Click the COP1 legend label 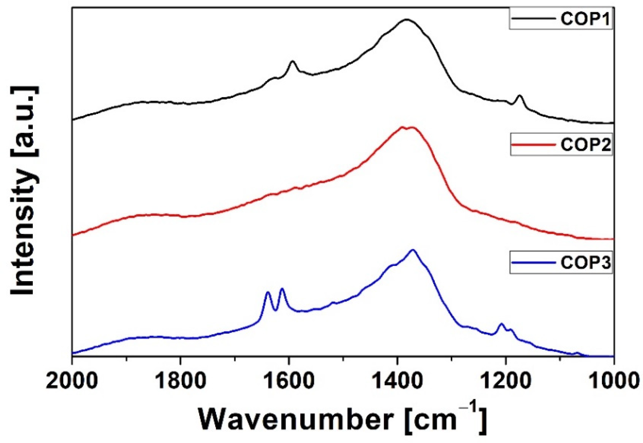585,19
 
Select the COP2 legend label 585,145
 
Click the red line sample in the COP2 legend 533,145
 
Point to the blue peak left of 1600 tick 268,292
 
